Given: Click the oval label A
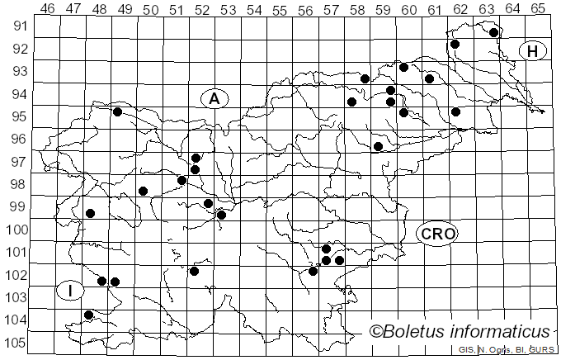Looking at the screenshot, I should [214, 98].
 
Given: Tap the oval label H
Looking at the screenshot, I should [533, 51].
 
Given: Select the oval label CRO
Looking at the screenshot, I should [437, 234].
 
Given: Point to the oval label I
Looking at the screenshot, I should [71, 290].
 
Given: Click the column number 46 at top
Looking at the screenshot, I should [48, 8].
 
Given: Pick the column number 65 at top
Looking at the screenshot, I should [538, 8].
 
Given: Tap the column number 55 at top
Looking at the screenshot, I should [280, 8].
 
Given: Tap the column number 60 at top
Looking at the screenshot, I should [409, 8].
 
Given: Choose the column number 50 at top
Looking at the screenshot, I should [151, 8].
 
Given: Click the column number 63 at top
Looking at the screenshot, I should [487, 8].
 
